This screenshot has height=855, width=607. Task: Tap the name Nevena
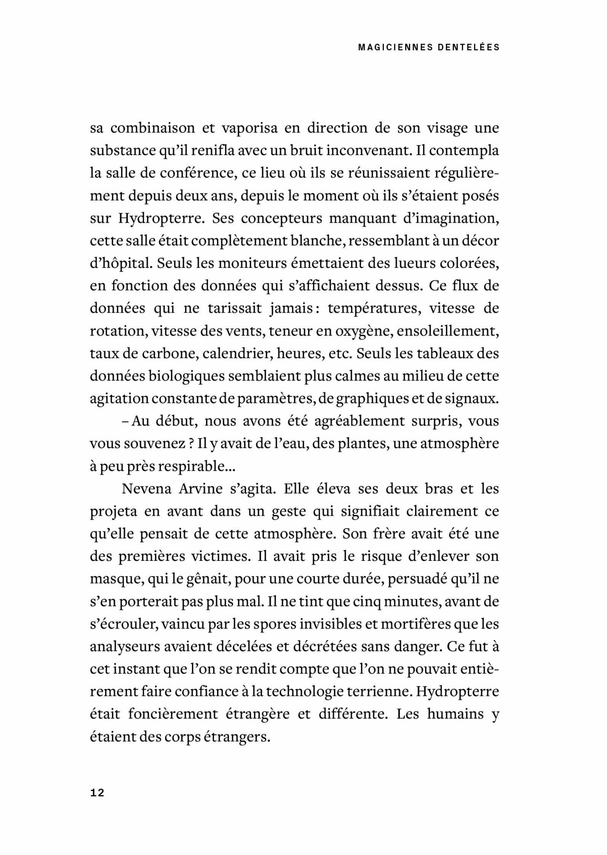[147, 489]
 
